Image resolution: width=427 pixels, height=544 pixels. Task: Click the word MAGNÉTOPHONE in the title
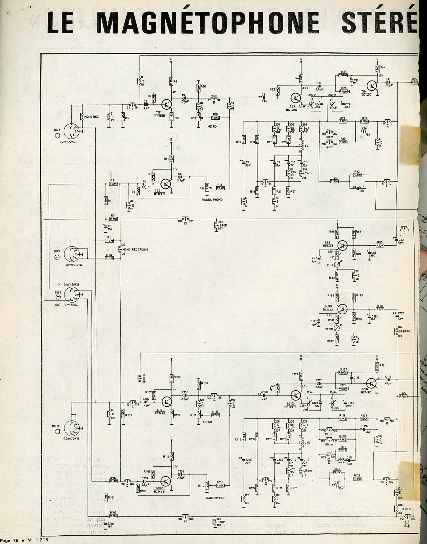208,23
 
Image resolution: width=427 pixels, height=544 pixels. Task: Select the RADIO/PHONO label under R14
212,199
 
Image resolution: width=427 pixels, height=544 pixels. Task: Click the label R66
203,86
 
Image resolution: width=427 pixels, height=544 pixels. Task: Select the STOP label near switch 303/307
223,226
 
